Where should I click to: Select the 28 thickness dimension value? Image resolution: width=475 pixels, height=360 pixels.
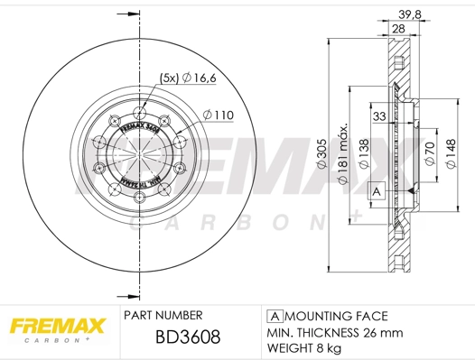tap(397, 29)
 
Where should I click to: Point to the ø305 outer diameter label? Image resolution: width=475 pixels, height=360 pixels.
tap(321, 159)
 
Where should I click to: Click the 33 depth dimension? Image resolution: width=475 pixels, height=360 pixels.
tap(380, 115)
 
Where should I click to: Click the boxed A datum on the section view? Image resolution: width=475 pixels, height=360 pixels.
tap(375, 190)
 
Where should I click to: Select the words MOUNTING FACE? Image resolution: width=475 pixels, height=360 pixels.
tap(336, 316)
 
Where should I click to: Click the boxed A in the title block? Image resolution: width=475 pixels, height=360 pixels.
tap(273, 316)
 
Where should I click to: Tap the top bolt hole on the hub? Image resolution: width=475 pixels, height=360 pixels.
tap(139, 112)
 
